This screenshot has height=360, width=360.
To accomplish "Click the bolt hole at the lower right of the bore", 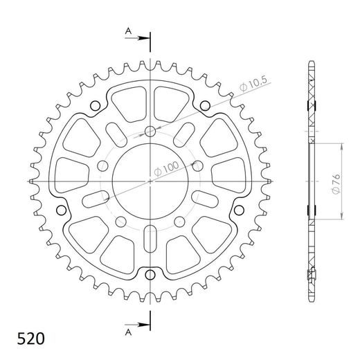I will [180, 221].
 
